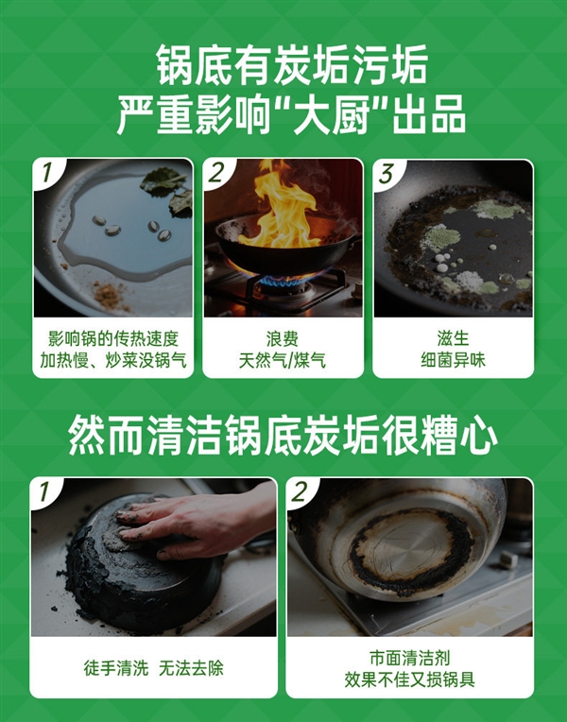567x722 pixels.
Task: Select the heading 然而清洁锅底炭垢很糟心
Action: [283, 436]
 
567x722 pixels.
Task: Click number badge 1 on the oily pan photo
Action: [45, 174]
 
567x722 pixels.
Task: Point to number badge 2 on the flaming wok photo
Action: [217, 174]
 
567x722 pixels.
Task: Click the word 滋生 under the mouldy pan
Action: [453, 337]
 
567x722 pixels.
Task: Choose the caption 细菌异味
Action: [453, 360]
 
